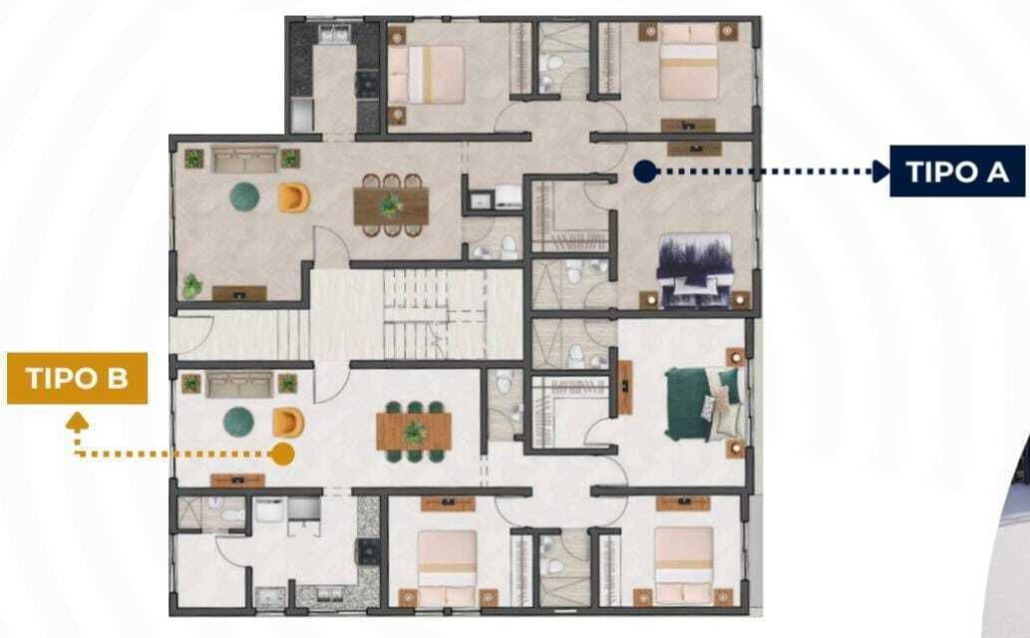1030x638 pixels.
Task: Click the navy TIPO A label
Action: [957, 170]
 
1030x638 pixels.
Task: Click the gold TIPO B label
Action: [77, 379]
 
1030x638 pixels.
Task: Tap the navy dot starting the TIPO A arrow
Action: [645, 171]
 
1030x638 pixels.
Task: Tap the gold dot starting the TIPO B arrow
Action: [282, 454]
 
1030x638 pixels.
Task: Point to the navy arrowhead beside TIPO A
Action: [880, 171]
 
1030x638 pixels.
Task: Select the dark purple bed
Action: [696, 270]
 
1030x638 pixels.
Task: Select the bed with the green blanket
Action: [704, 404]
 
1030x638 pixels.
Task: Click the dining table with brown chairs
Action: [391, 205]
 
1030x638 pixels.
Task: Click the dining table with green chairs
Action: [414, 432]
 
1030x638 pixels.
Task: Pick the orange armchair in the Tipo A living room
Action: [293, 197]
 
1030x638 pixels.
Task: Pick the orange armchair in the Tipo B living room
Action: [288, 423]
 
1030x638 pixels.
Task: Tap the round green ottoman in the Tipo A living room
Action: [244, 196]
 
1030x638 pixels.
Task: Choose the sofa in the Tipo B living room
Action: [239, 385]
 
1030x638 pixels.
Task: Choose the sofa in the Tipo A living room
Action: [245, 159]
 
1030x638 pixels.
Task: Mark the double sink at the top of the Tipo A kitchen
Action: [335, 34]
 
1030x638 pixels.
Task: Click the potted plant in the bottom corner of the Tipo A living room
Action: [191, 286]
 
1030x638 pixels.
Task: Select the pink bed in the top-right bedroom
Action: [688, 63]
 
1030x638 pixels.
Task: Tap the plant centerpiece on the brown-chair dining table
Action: [392, 205]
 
